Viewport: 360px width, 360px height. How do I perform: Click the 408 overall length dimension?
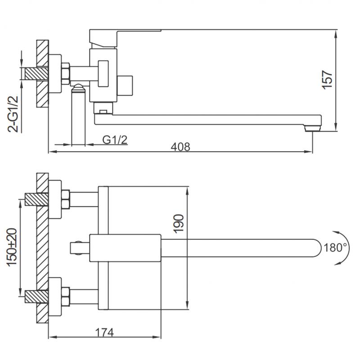(x=180, y=147)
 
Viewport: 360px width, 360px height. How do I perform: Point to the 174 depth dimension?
(x=104, y=333)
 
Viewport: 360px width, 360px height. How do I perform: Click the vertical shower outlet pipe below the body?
(x=78, y=117)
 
